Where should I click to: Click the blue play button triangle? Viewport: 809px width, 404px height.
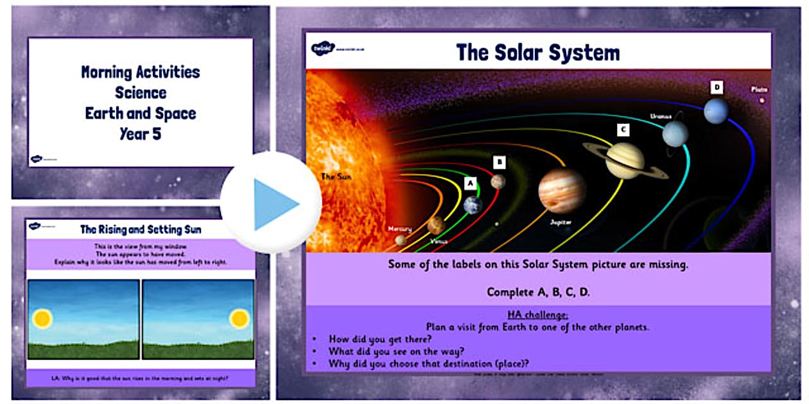click(x=275, y=204)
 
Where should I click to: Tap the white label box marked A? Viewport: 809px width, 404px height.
click(x=470, y=183)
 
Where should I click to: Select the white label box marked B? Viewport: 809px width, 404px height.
click(x=500, y=162)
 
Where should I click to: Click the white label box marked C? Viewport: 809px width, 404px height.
click(x=622, y=130)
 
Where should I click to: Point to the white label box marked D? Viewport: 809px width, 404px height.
click(x=716, y=87)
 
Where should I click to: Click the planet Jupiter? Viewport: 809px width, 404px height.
click(x=562, y=190)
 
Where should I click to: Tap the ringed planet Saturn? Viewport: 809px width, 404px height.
click(x=625, y=161)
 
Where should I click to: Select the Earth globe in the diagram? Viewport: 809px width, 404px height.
click(x=473, y=205)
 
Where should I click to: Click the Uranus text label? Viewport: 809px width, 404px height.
click(x=661, y=116)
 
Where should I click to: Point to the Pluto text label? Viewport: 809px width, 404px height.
click(x=760, y=90)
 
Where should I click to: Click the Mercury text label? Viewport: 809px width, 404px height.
click(x=399, y=228)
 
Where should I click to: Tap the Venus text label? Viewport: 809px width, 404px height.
click(x=439, y=241)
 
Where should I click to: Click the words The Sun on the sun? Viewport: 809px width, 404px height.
click(x=337, y=176)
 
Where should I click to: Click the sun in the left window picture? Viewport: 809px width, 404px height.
click(x=43, y=318)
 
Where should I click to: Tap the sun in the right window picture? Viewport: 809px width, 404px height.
click(x=239, y=318)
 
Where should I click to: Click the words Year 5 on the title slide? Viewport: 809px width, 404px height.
click(x=141, y=133)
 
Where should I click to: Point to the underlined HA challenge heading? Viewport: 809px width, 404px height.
click(x=537, y=315)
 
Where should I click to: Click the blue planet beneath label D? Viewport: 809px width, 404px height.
click(x=716, y=111)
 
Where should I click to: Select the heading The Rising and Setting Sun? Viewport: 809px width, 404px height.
click(x=141, y=229)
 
